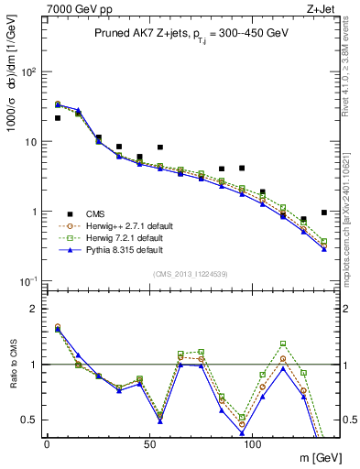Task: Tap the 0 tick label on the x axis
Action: [47, 444]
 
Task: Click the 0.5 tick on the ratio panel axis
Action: [31, 420]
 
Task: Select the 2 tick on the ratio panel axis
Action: [35, 309]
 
